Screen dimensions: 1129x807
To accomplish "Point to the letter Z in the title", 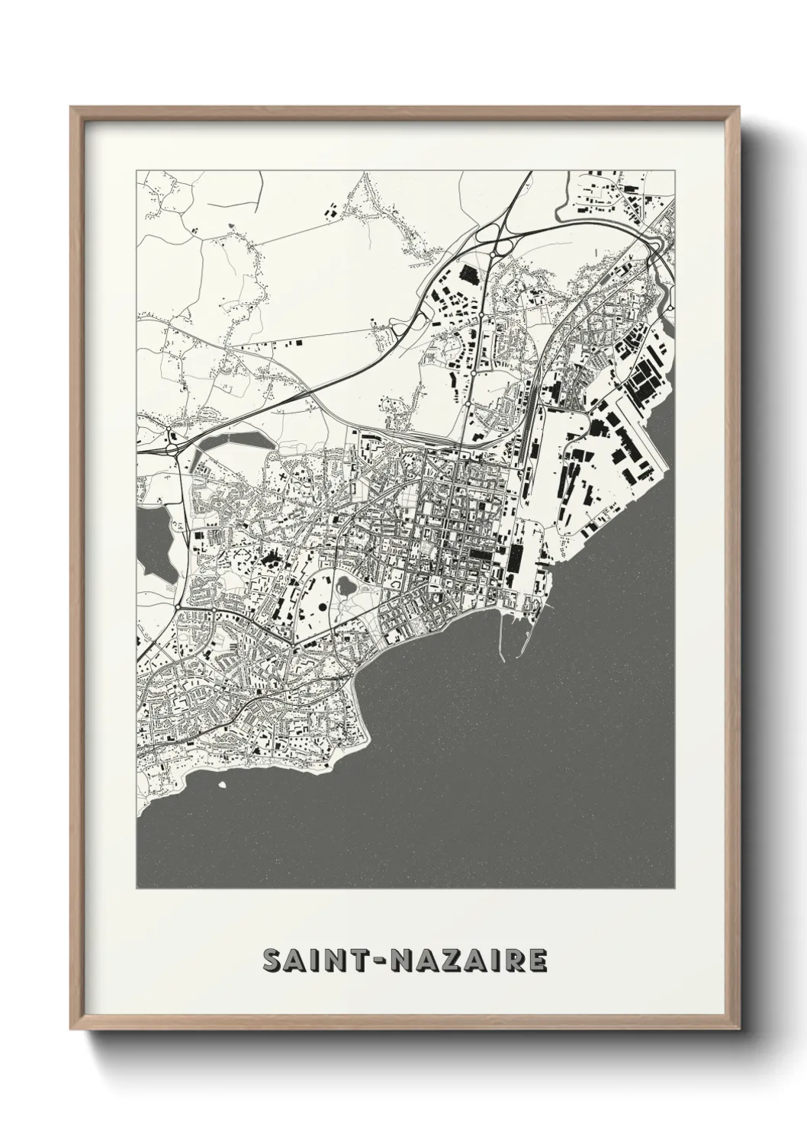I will point(452,961).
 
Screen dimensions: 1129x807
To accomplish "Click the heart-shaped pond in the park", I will point(345,587).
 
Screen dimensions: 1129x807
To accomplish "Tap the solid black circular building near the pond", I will point(322,607).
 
